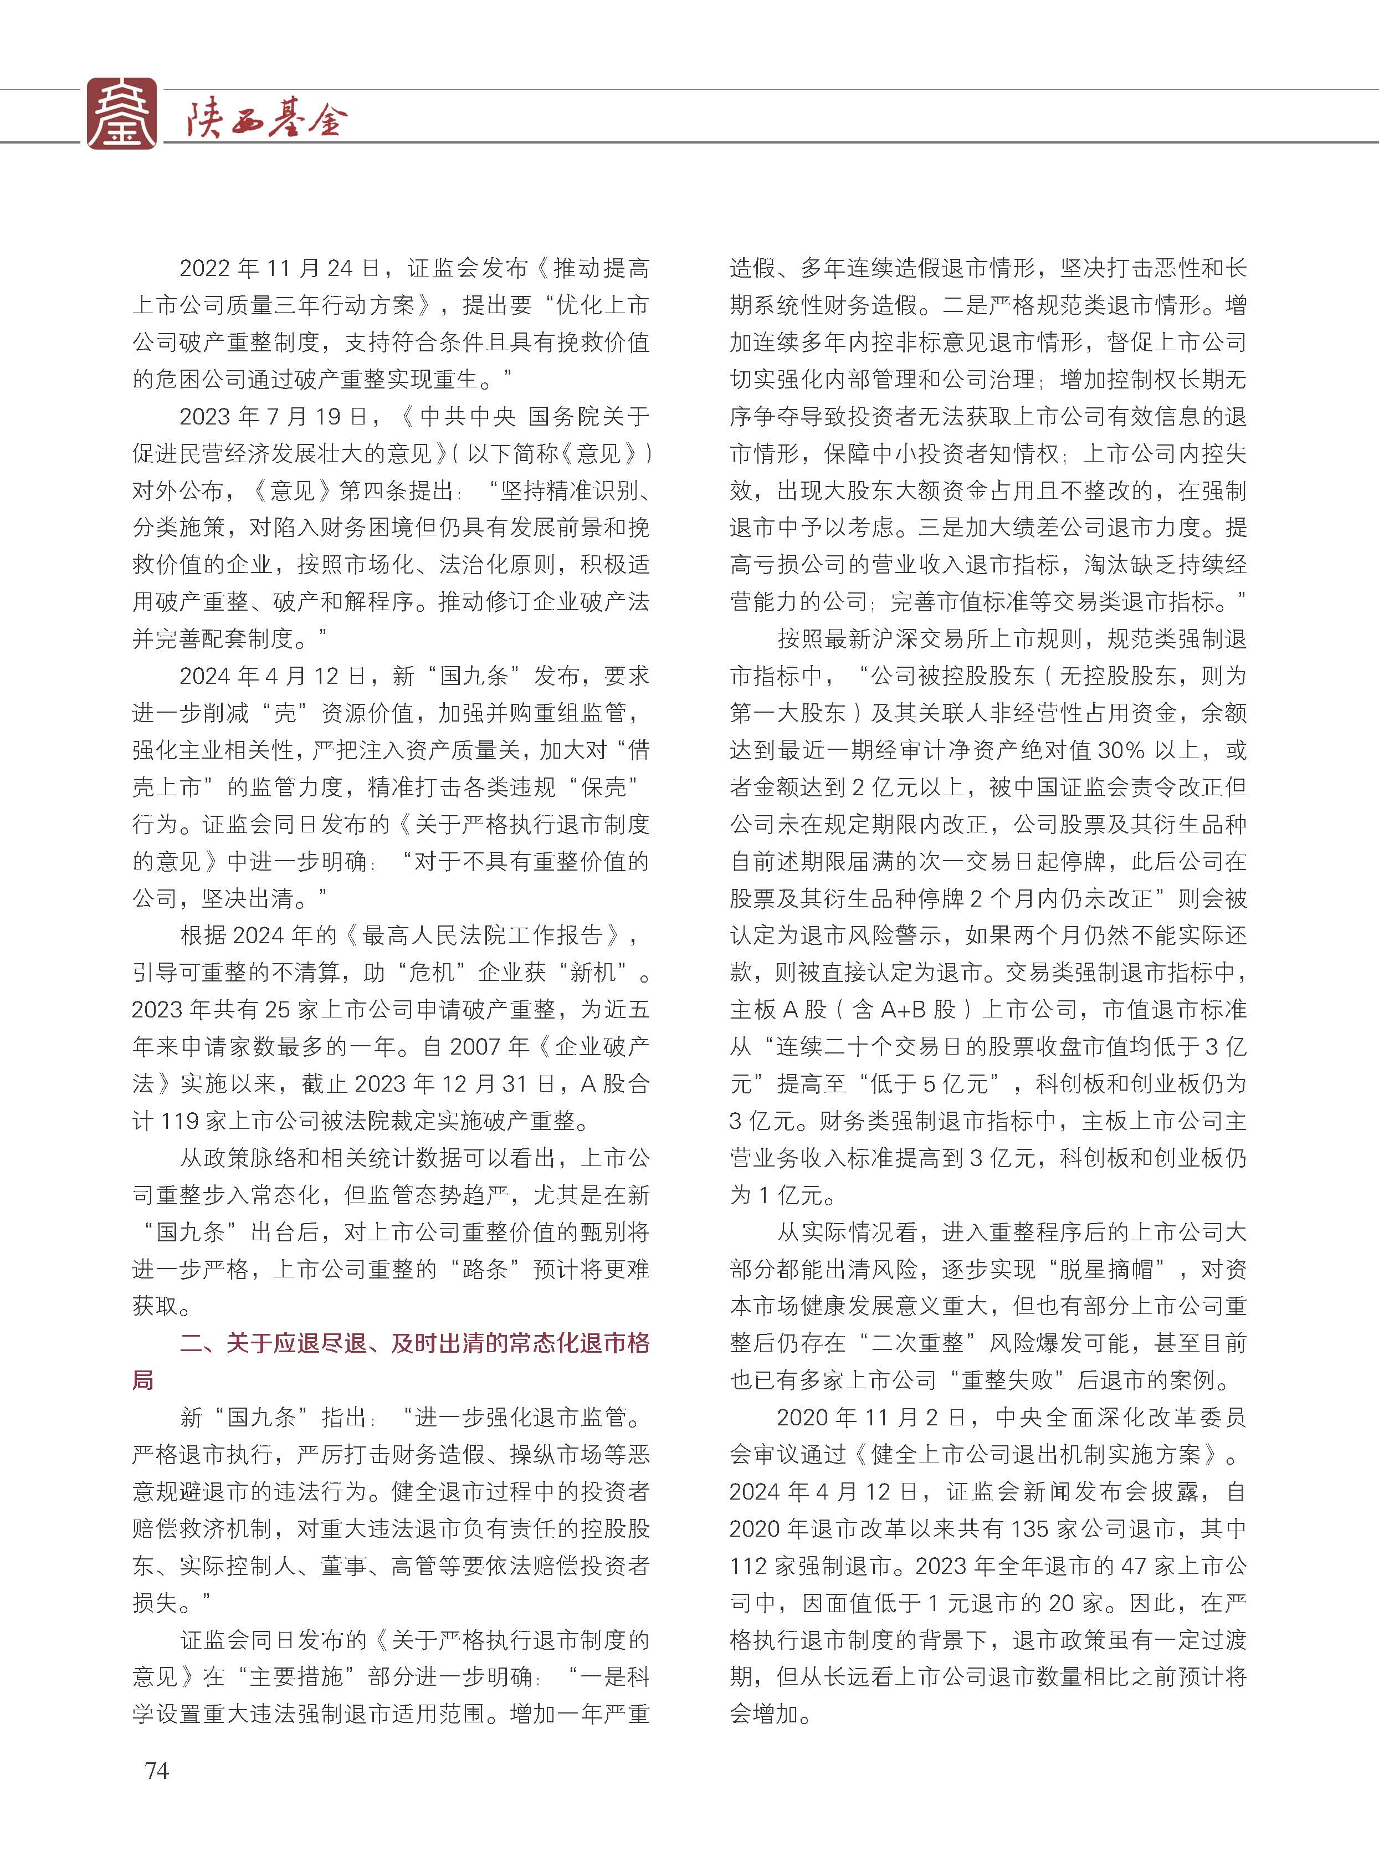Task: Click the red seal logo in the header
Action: click(x=122, y=114)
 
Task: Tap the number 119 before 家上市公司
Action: click(x=178, y=1121)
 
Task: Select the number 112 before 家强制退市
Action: click(x=750, y=1566)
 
